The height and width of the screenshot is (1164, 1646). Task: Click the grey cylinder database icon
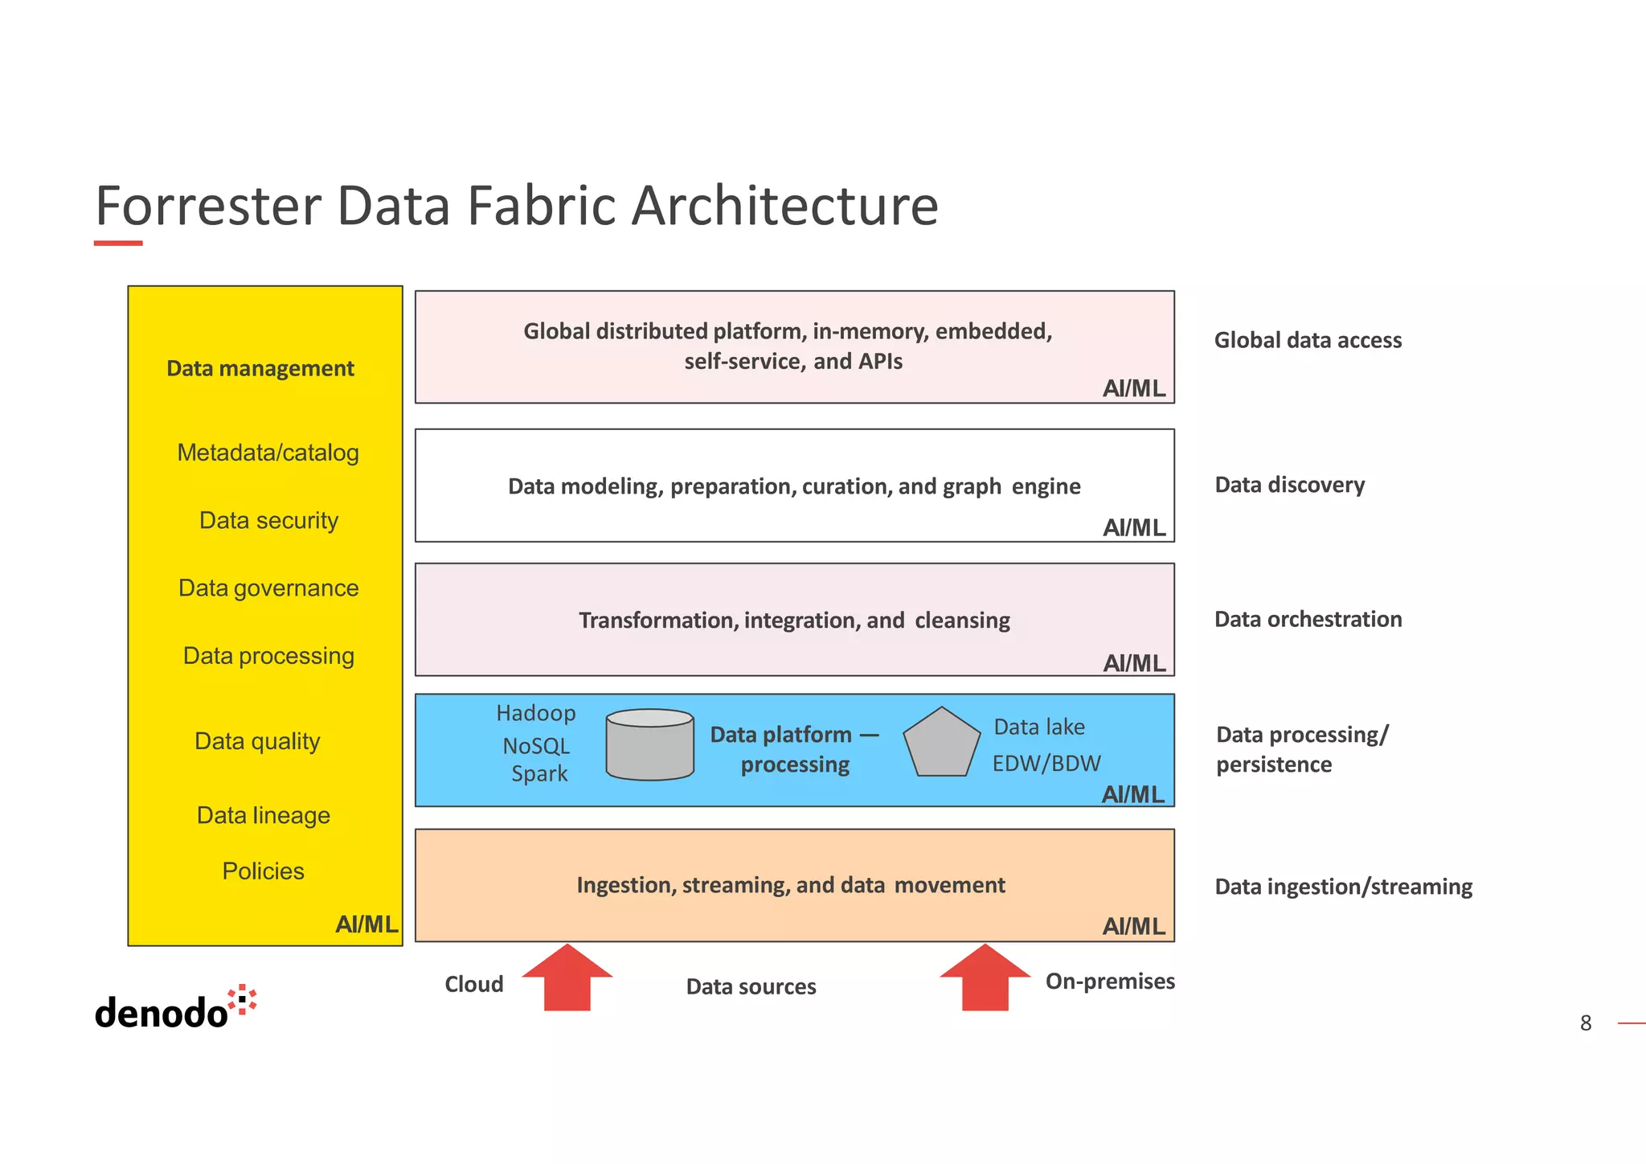tap(649, 745)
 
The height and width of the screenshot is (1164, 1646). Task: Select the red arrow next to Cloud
tap(567, 978)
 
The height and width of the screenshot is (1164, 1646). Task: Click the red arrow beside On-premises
tap(985, 978)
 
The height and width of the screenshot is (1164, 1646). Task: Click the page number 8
tap(1585, 1023)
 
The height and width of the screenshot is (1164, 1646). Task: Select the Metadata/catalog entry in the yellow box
tap(268, 453)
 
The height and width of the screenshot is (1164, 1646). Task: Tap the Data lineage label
tap(264, 815)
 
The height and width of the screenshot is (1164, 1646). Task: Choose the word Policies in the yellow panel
tap(263, 871)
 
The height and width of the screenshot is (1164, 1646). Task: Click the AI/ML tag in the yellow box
tap(366, 924)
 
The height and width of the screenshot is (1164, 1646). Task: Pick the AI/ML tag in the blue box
tap(1133, 794)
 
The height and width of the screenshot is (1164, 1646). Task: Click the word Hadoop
tap(536, 713)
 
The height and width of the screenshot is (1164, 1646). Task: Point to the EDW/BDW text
tap(1046, 763)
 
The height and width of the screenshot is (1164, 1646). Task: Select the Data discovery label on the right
tap(1289, 485)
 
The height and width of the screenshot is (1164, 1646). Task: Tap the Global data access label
tap(1308, 340)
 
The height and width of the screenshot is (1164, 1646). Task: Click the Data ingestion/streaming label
tap(1343, 887)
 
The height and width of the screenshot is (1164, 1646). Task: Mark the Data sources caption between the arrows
tap(751, 986)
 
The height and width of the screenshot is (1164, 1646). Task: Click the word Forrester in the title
tap(208, 206)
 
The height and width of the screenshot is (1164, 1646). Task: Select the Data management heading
tap(260, 368)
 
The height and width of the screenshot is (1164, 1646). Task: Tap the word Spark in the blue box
tap(539, 774)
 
